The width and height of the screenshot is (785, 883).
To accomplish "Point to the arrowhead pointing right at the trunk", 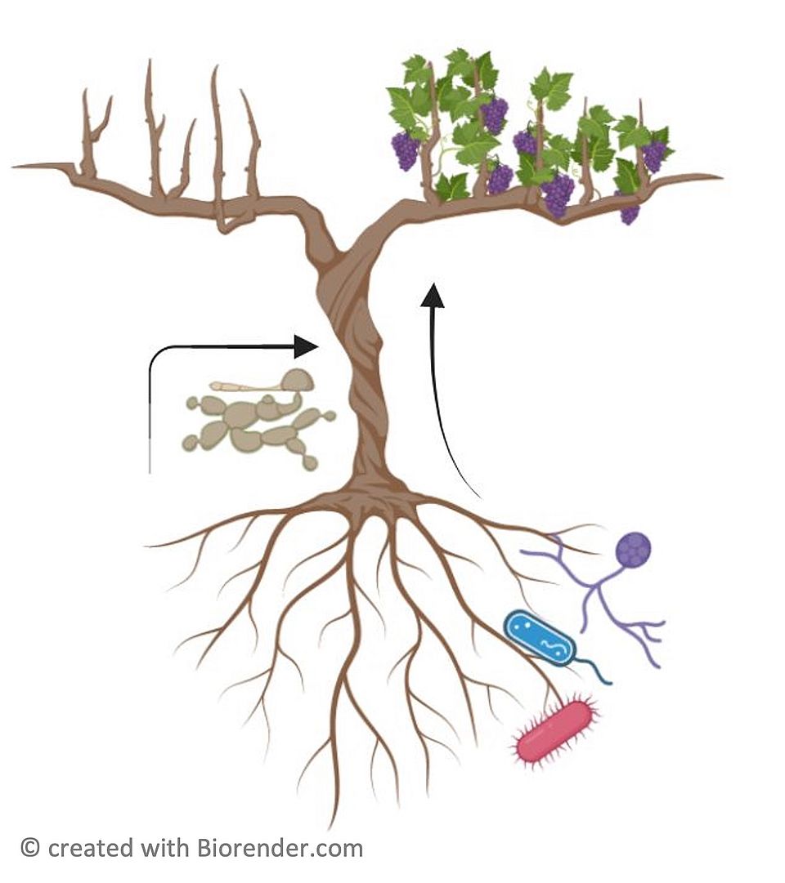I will click(306, 346).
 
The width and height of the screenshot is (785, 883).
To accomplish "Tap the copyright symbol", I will click(30, 848).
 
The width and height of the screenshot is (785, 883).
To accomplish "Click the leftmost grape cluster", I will click(405, 151).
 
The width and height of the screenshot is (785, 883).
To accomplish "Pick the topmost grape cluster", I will click(493, 114).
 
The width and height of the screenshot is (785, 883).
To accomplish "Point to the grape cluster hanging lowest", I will click(629, 213).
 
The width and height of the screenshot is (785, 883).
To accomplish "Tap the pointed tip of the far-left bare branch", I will click(16, 167).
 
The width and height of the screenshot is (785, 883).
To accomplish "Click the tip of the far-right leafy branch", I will click(718, 176).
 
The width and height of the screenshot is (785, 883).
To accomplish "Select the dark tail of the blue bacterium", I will click(597, 670).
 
